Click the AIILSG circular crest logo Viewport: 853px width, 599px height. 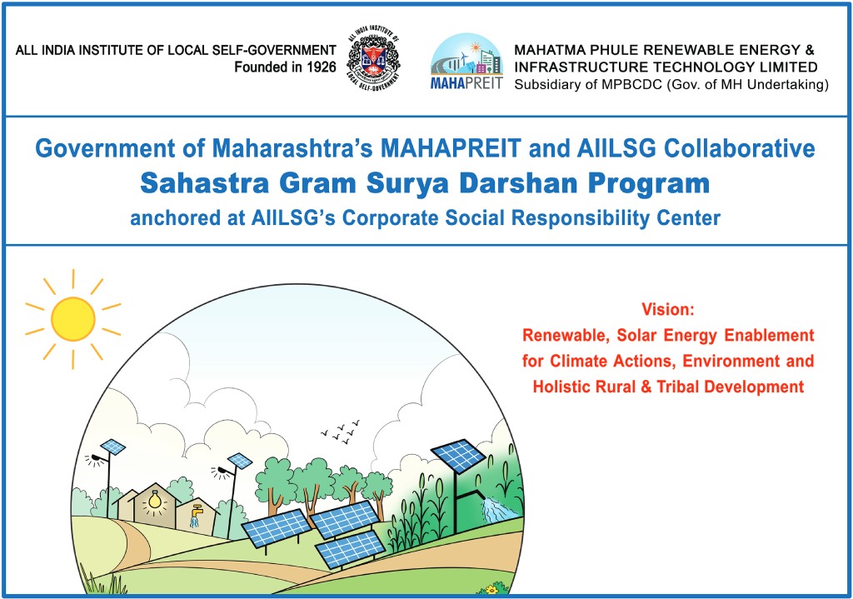tap(373, 57)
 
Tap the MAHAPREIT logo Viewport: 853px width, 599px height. tap(466, 61)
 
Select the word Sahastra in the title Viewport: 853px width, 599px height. tap(205, 182)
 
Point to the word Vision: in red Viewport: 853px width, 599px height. tap(668, 310)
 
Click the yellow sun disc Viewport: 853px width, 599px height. tap(73, 319)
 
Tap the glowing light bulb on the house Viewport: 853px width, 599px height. tap(155, 500)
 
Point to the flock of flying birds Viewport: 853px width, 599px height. tap(341, 431)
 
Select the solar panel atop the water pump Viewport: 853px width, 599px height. tap(458, 456)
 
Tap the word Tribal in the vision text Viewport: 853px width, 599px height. tap(676, 387)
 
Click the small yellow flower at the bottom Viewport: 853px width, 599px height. tap(492, 589)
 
